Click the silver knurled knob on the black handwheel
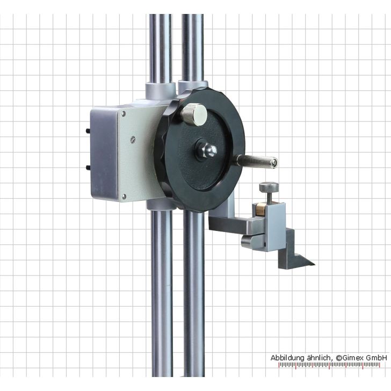tap(194, 114)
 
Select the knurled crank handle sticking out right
tap(257, 160)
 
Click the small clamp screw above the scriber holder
tap(269, 188)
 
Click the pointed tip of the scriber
tap(313, 264)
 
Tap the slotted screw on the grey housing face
tap(133, 140)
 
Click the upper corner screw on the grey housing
tap(124, 113)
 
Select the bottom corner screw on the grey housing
tap(124, 197)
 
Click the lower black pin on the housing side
tap(88, 167)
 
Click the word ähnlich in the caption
tap(318, 357)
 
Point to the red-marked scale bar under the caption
tap(333, 365)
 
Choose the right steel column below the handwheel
tap(194, 295)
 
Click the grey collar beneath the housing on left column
tap(160, 205)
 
